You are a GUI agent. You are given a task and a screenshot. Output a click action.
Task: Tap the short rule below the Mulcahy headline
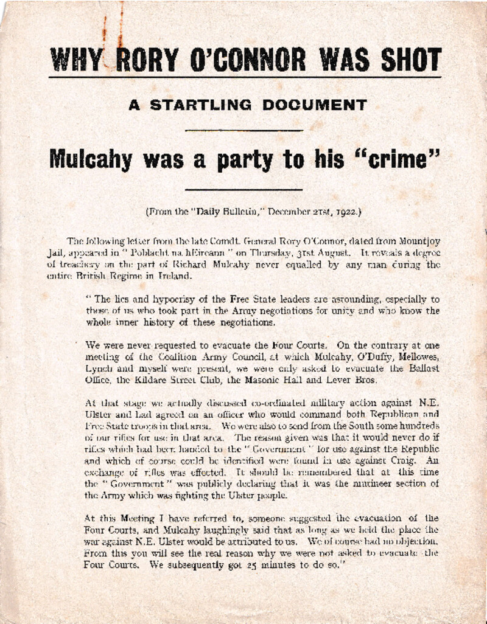click(243, 190)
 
